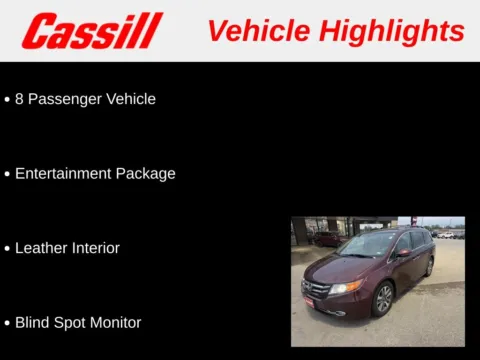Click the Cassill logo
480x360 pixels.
[x=92, y=31]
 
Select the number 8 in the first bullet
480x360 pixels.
[x=20, y=99]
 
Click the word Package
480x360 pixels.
[x=144, y=173]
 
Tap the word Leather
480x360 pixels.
[x=42, y=248]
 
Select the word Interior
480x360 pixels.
[x=97, y=248]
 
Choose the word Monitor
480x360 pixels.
[x=116, y=322]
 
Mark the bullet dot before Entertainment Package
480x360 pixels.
[x=7, y=174]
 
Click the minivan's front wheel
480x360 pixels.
[x=383, y=298]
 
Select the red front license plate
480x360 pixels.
[x=308, y=301]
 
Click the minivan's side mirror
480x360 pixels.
[x=402, y=253]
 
